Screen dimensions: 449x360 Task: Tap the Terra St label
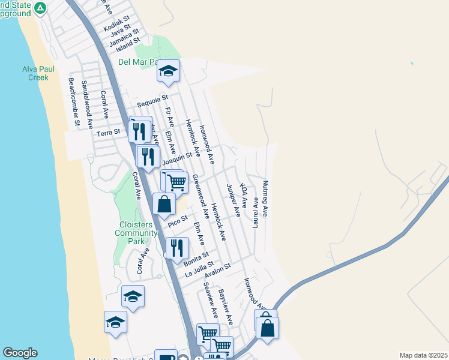[x=109, y=131]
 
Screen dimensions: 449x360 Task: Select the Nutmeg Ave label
[x=265, y=199]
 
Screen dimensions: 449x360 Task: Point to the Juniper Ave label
[x=233, y=200]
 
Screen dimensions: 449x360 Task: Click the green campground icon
[x=40, y=7]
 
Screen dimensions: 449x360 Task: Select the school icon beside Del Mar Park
[x=169, y=71]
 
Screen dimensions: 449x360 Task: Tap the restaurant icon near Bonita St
[x=177, y=248]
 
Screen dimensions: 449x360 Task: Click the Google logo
[x=20, y=353]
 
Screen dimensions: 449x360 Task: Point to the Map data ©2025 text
[x=423, y=355]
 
